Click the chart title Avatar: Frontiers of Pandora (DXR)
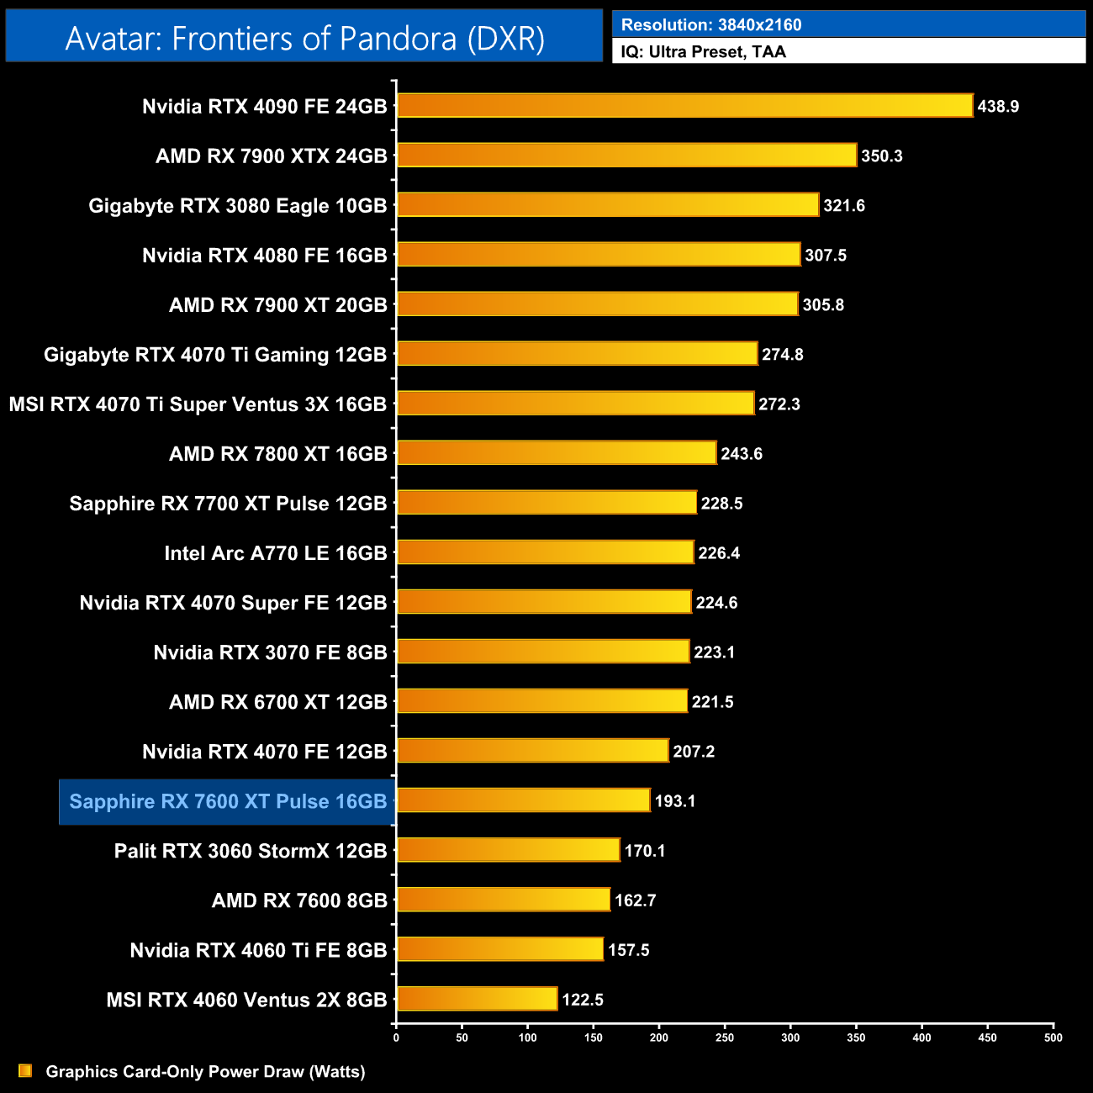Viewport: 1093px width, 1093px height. click(x=304, y=38)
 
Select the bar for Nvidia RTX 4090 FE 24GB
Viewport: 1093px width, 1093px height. click(x=684, y=106)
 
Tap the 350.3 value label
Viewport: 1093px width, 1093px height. click(x=881, y=156)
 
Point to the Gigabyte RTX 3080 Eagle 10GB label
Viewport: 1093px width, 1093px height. click(x=238, y=206)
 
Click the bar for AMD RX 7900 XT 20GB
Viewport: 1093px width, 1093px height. click(x=597, y=304)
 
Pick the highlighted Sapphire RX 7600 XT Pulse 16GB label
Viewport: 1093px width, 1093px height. click(x=228, y=801)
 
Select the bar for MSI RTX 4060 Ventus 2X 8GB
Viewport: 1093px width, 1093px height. click(x=477, y=1000)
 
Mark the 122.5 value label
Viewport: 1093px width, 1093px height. click(x=583, y=1000)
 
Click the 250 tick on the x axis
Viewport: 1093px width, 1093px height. click(x=725, y=1038)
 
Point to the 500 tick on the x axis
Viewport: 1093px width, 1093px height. click(x=1053, y=1038)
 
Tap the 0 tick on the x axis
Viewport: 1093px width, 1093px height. click(x=396, y=1038)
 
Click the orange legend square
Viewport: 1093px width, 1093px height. click(x=25, y=1071)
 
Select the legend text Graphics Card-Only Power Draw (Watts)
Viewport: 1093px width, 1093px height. click(x=205, y=1072)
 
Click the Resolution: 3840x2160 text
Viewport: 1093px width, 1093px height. click(x=711, y=25)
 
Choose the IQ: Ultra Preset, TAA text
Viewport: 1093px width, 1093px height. click(x=703, y=52)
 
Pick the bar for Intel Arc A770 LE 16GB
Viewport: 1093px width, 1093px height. click(x=545, y=552)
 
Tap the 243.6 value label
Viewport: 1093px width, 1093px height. click(x=742, y=454)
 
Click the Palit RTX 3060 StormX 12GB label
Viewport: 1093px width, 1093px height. click(x=251, y=851)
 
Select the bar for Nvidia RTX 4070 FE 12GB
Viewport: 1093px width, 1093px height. click(x=532, y=751)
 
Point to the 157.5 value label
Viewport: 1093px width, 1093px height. click(x=628, y=950)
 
